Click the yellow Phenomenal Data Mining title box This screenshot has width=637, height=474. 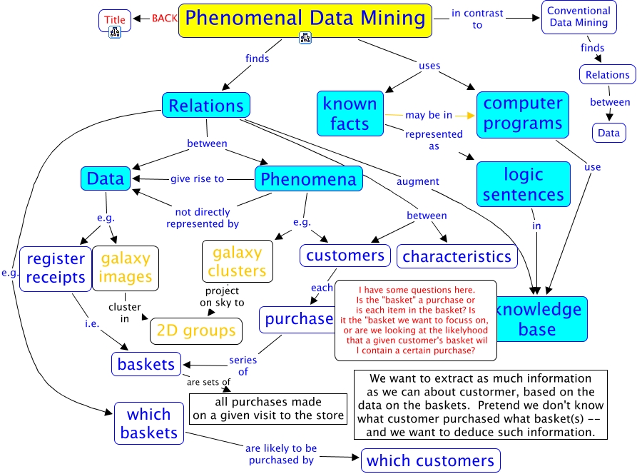pos(305,20)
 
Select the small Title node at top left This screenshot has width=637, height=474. pos(115,19)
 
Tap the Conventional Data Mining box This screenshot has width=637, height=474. pos(578,16)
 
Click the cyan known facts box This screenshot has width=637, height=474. pos(350,113)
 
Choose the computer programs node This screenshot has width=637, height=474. pos(523,113)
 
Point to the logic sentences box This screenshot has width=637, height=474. pos(523,184)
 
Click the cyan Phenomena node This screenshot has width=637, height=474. pos(308,178)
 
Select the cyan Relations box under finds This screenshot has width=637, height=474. pos(206,106)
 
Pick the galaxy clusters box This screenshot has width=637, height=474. pos(237,261)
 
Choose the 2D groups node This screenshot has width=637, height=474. pos(195,331)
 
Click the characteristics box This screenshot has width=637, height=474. pos(457,256)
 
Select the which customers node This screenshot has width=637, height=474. pos(430,460)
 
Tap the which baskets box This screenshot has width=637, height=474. pos(148,423)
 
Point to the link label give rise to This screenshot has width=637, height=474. pos(197,178)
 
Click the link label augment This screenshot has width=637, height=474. pos(418,181)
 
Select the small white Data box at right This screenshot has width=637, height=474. pos(608,133)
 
